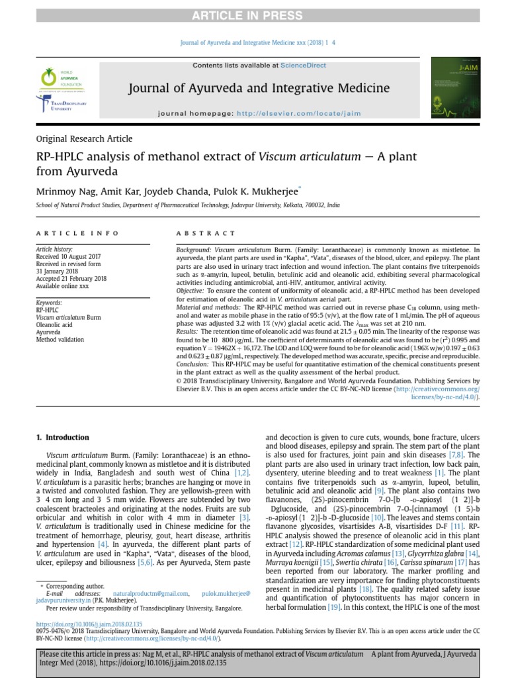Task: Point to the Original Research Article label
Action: [x=84, y=139]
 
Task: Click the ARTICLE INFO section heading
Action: [x=77, y=234]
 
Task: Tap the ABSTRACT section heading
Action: [x=206, y=234]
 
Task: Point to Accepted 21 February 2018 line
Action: [x=71, y=279]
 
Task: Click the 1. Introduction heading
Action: [x=62, y=438]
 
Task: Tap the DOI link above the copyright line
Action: [x=89, y=624]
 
